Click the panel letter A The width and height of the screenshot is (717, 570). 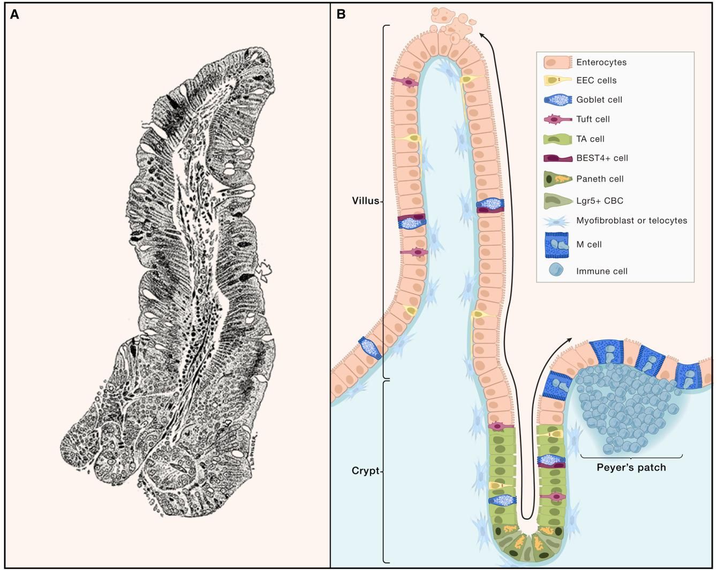coord(15,14)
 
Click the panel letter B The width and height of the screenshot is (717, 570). coord(341,14)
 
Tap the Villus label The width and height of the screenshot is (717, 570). coord(366,201)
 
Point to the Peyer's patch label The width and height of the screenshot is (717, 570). coord(631,467)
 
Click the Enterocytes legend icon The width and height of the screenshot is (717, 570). coord(556,62)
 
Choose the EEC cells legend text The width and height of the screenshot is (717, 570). coord(596,80)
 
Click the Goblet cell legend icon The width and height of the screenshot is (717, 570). coord(556,100)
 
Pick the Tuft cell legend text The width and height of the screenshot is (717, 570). coord(593,119)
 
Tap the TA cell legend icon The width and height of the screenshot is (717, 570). coord(556,139)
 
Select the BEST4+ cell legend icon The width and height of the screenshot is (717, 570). coord(556,158)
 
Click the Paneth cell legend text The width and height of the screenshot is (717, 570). coord(600,178)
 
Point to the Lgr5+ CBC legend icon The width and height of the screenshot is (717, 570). coord(556,200)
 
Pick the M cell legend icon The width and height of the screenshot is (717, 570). coord(556,244)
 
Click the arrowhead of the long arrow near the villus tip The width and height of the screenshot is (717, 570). coord(481,35)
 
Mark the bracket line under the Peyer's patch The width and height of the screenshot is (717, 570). coord(631,457)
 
